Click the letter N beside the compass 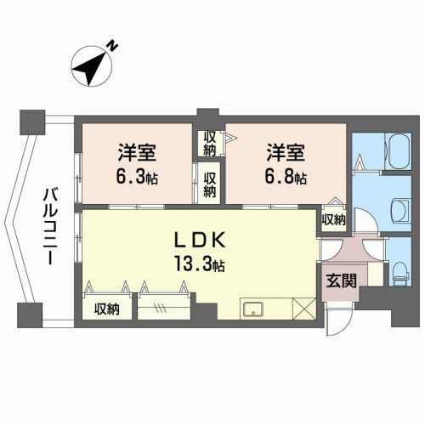tap(112, 46)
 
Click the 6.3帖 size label tap(137, 177)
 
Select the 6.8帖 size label tap(286, 177)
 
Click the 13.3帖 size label tap(200, 264)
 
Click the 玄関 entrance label tap(341, 280)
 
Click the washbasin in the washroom tap(401, 212)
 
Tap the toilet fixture tap(399, 272)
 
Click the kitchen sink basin tap(253, 309)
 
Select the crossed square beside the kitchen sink tap(304, 309)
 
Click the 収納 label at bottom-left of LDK tap(107, 309)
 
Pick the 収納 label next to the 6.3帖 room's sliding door tap(209, 184)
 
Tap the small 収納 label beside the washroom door tap(333, 219)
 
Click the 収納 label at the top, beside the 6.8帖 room tap(210, 144)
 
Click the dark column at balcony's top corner tap(32, 122)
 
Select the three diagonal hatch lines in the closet tap(160, 308)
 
